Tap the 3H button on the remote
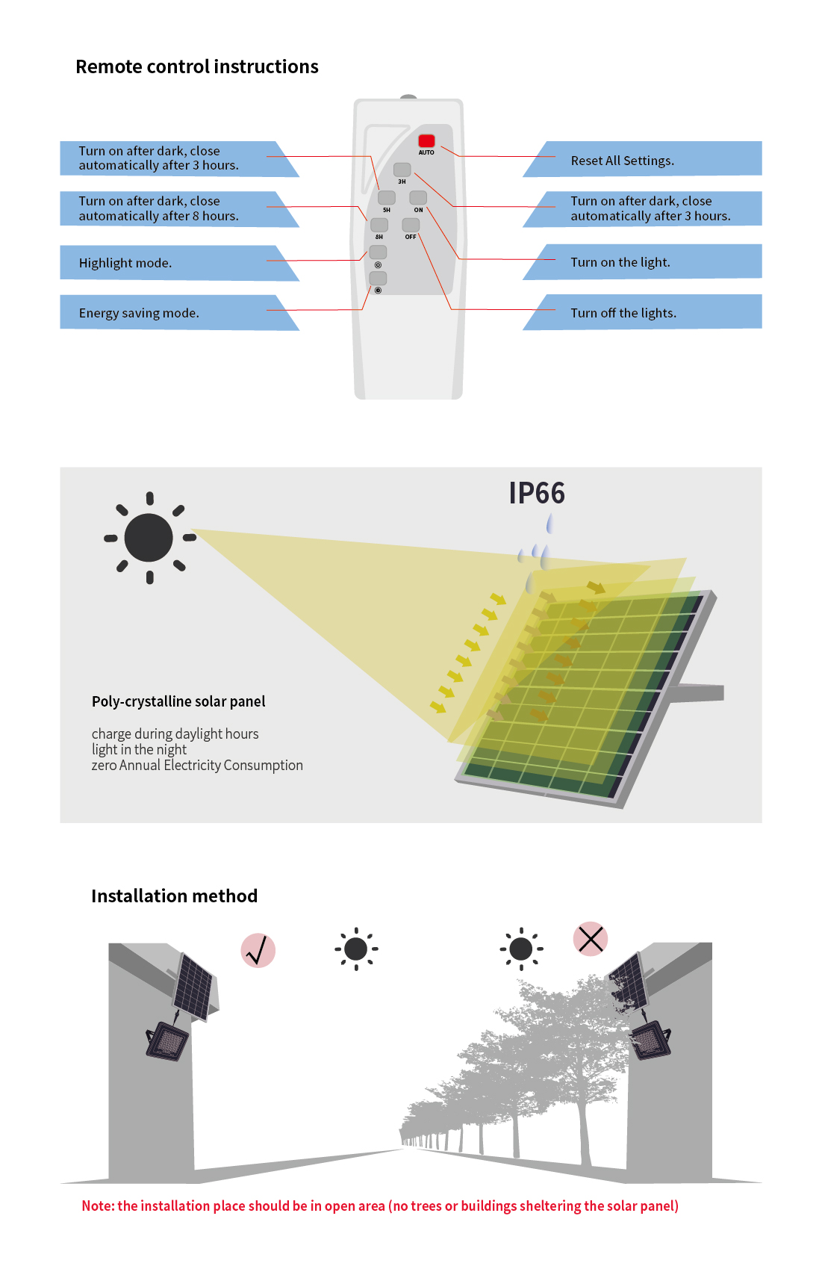point(402,170)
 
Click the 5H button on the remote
point(386,197)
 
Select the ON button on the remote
point(417,197)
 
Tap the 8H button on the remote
point(379,225)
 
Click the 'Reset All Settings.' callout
point(642,159)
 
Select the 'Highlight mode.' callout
point(180,263)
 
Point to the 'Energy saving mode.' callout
point(180,312)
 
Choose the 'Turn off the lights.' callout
point(642,312)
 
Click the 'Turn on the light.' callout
point(642,262)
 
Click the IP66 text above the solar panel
point(537,493)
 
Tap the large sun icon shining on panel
point(149,538)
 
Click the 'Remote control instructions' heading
point(197,66)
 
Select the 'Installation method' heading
point(174,896)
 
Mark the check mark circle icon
point(258,951)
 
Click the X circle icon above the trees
point(591,939)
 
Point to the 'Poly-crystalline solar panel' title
point(178,701)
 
